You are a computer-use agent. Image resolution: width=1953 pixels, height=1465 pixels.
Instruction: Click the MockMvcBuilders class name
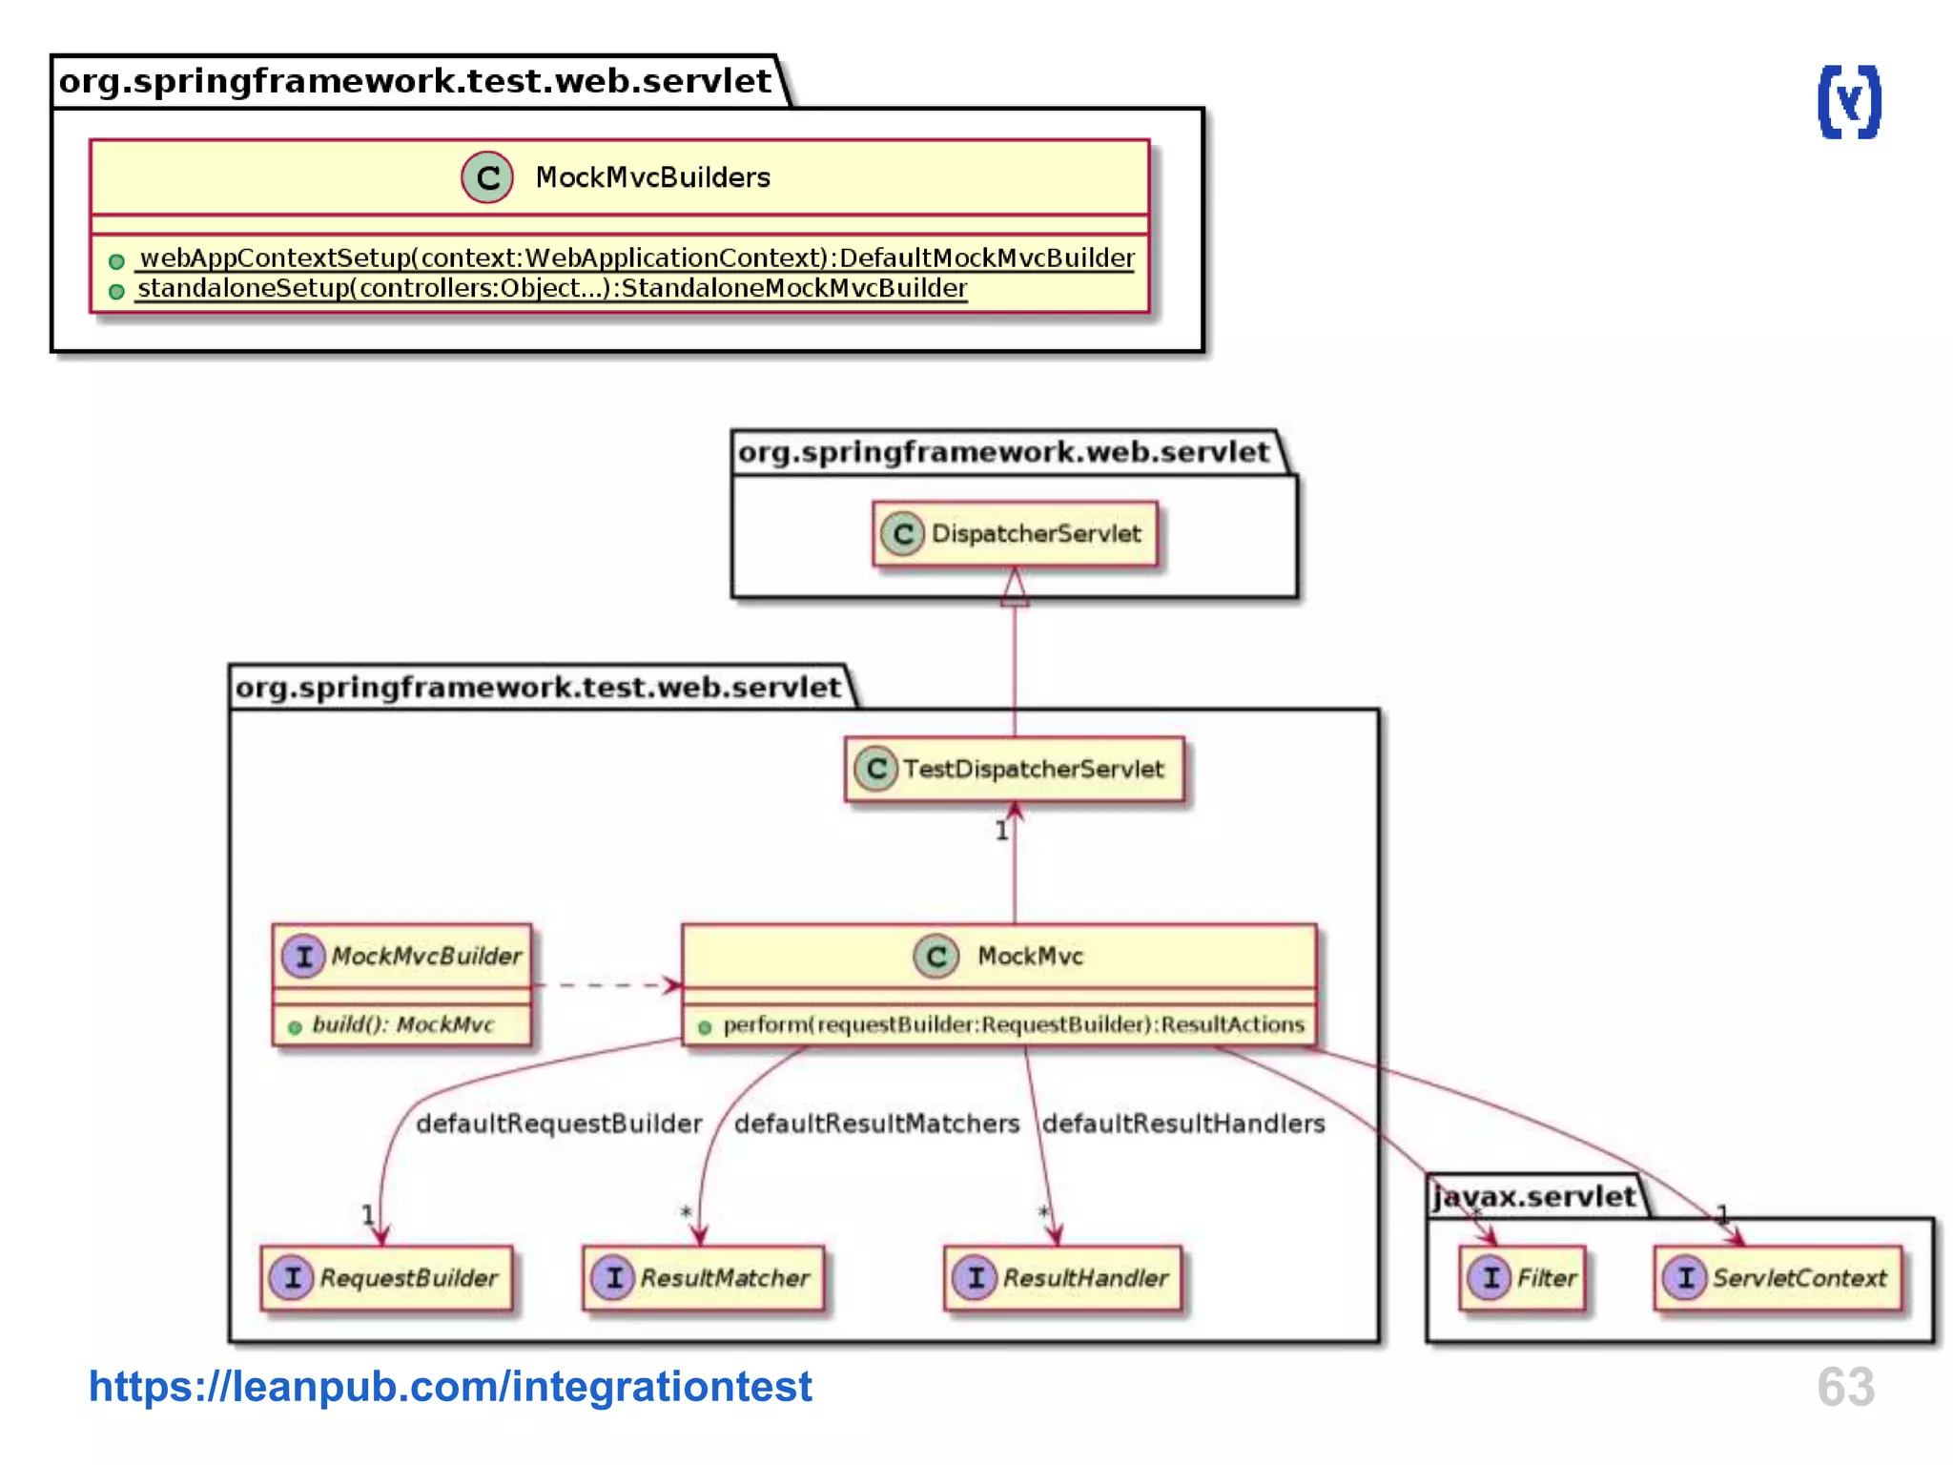click(x=652, y=177)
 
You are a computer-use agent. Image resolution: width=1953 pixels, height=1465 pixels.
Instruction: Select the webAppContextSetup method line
click(x=636, y=258)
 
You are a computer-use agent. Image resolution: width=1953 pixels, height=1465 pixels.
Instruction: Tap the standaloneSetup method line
click(x=551, y=288)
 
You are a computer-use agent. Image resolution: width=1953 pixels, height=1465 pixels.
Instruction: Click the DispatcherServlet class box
click(x=1015, y=533)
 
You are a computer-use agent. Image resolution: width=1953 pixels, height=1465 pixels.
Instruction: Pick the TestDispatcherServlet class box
click(x=1015, y=769)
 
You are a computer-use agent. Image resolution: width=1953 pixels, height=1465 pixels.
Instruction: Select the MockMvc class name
click(x=1030, y=956)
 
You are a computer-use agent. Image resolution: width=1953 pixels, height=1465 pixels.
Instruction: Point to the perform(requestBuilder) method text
click(x=1013, y=1024)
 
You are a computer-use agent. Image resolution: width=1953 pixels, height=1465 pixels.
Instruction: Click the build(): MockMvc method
click(x=402, y=1024)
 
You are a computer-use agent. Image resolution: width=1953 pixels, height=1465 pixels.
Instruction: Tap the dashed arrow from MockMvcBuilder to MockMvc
click(x=606, y=984)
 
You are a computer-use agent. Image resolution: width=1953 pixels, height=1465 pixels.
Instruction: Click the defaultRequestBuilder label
click(x=559, y=1124)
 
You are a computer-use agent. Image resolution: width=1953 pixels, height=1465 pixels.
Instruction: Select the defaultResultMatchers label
click(x=876, y=1124)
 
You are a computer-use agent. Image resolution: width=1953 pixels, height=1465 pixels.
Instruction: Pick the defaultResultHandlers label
click(x=1182, y=1124)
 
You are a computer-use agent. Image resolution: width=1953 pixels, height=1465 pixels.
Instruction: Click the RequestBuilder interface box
click(x=387, y=1278)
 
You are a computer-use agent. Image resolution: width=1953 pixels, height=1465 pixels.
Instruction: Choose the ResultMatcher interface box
click(x=704, y=1278)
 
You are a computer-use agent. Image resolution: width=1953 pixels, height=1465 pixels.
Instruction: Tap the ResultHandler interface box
click(x=1063, y=1278)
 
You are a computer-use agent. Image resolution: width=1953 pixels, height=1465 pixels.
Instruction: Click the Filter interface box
click(x=1523, y=1278)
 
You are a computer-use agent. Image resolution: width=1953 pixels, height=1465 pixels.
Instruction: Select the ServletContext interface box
click(x=1778, y=1278)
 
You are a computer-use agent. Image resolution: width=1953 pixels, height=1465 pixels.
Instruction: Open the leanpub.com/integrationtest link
click(x=450, y=1386)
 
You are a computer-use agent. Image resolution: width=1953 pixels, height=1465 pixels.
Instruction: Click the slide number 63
click(x=1845, y=1386)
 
